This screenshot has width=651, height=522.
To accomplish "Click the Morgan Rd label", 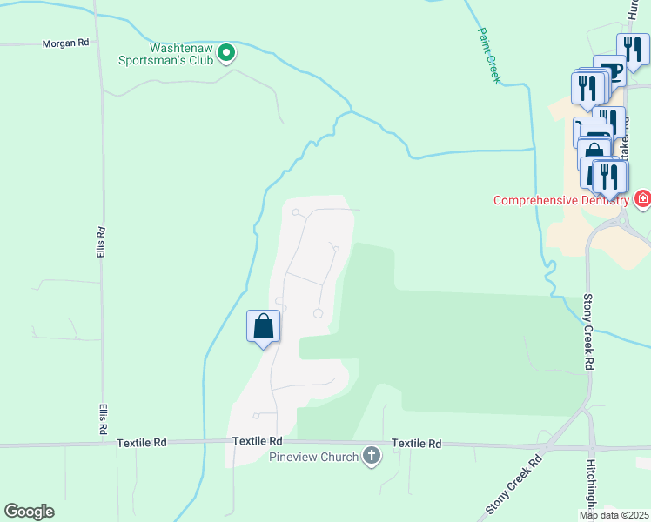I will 65,43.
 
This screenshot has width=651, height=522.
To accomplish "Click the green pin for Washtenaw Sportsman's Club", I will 226,54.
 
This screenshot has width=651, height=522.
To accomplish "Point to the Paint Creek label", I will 489,55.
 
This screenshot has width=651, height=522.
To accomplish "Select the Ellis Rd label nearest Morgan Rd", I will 102,243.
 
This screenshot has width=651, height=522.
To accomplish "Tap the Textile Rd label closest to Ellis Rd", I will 142,443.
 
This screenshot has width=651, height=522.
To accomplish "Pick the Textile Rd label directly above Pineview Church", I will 258,442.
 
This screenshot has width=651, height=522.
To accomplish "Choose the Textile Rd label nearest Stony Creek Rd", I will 416,444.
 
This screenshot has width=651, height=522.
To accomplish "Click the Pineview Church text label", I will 313,458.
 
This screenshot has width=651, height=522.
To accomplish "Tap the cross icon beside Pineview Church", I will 372,457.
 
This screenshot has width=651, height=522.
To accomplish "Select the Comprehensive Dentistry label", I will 560,200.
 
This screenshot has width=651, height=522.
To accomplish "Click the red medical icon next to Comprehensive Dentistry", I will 642,199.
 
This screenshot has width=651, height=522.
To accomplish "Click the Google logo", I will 29,512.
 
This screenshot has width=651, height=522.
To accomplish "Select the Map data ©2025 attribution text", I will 614,515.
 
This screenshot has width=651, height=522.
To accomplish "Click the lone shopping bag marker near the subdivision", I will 264,328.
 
